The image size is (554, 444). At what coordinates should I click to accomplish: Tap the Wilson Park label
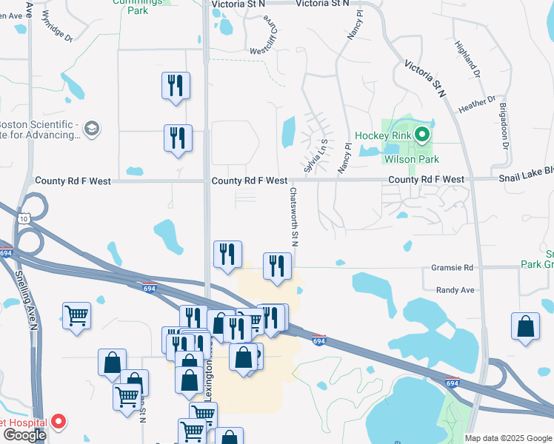411,159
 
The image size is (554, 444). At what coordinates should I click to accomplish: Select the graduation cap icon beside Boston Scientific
91,129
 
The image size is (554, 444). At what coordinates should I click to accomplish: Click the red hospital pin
58,423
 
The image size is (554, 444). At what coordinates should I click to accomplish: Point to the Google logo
24,435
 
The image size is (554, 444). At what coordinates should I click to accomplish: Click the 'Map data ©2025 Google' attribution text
508,438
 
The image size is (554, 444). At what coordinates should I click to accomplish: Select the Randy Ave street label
455,290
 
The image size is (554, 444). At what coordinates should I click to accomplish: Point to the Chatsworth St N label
294,215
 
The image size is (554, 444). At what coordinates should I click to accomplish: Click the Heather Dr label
477,104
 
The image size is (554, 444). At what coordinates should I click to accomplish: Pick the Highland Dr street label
473,59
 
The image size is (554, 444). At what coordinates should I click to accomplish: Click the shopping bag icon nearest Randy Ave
525,326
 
